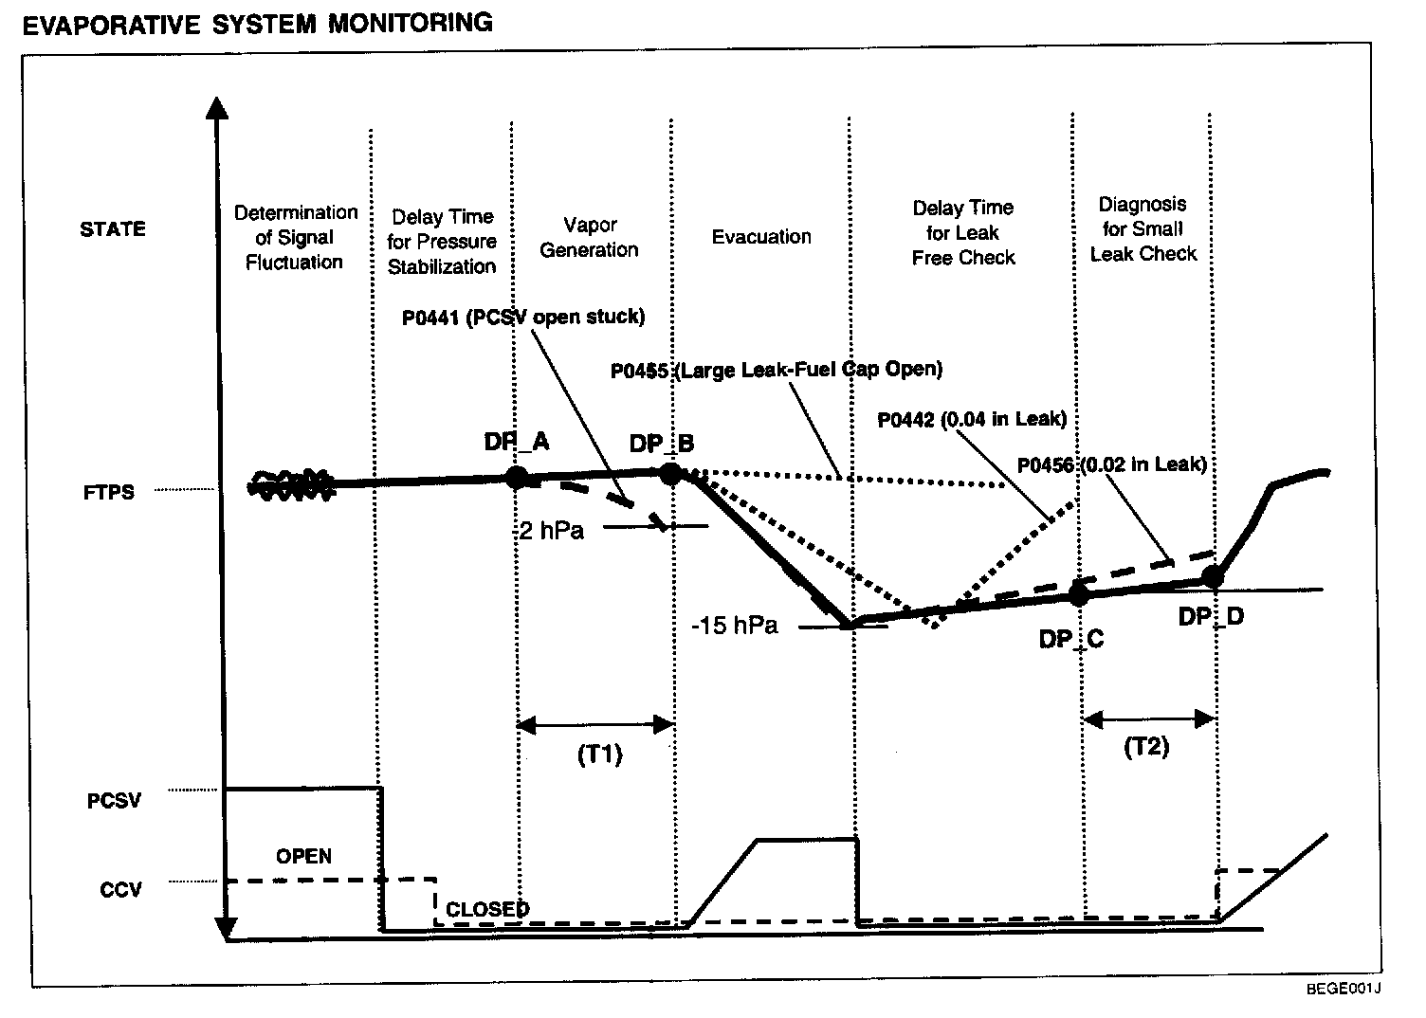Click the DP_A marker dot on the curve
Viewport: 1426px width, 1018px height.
[x=517, y=477]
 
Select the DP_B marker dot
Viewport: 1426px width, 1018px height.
[x=670, y=473]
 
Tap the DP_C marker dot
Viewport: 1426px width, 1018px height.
[x=1077, y=594]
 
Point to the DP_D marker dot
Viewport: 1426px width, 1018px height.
[x=1212, y=575]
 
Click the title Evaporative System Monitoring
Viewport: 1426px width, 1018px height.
[x=257, y=23]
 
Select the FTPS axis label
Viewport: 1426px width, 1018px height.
[x=109, y=492]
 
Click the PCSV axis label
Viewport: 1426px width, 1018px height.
[x=114, y=801]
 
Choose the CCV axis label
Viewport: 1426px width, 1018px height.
[x=120, y=890]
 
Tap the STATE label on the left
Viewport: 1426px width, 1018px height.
[x=113, y=229]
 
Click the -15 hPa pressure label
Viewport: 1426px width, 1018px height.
[x=735, y=626]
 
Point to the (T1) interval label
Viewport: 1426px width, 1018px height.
[x=599, y=754]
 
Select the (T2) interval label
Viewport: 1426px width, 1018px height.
[x=1146, y=747]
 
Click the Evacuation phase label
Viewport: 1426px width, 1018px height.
[x=761, y=237]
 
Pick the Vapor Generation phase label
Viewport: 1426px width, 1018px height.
[x=589, y=238]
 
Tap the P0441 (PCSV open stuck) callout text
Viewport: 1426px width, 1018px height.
[x=523, y=317]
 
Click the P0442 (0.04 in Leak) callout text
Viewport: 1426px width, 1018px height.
[x=972, y=419]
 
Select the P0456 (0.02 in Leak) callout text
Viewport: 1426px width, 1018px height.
[x=1111, y=464]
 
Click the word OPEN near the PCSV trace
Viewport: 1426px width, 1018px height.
[x=303, y=856]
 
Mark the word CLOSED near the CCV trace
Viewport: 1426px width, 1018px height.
[x=487, y=909]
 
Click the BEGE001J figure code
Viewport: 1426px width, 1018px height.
[x=1343, y=990]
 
